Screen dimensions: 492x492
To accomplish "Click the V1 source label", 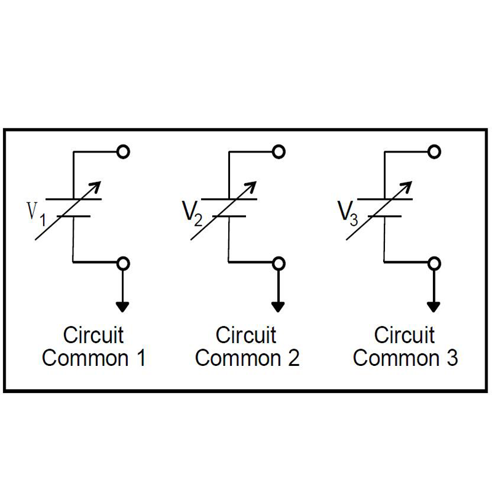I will click(35, 214).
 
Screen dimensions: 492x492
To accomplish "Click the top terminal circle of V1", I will click(124, 151).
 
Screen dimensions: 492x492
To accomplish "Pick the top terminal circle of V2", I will click(279, 151).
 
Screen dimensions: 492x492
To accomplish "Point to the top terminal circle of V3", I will click(435, 151).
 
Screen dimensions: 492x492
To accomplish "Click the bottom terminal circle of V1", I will click(124, 263).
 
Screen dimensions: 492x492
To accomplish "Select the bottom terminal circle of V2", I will click(279, 263).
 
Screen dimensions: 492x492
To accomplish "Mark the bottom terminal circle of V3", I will click(435, 263).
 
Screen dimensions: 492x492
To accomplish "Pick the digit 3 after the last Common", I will click(451, 358).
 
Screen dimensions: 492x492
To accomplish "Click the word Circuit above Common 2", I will click(246, 336).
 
